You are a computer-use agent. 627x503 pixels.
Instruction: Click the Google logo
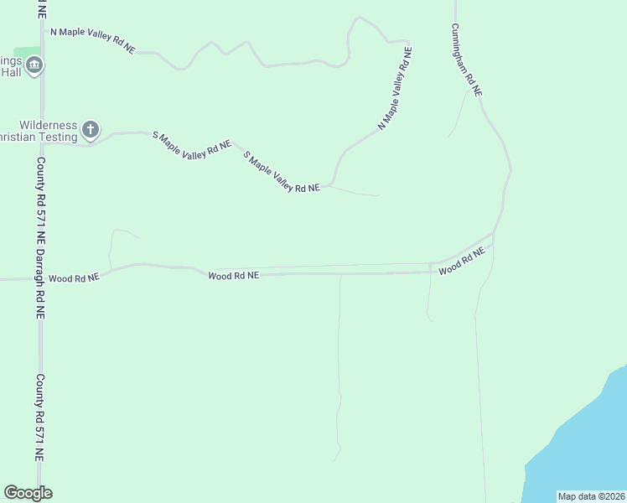click(28, 493)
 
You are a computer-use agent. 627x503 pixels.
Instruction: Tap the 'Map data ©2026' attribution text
click(591, 496)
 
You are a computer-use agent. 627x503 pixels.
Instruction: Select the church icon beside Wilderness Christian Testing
click(91, 130)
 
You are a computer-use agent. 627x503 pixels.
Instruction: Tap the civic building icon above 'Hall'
click(34, 65)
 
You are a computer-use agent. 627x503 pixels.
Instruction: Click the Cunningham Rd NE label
click(466, 60)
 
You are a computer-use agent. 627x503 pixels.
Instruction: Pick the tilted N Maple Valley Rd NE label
click(396, 87)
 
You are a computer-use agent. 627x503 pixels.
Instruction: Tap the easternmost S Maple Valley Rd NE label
click(282, 173)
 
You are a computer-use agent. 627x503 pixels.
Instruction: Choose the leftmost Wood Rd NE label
click(74, 277)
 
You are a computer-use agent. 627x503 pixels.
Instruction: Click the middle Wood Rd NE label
click(234, 275)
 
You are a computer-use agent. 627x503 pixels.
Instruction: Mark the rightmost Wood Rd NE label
click(462, 262)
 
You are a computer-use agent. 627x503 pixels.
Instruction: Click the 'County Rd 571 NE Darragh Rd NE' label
click(39, 237)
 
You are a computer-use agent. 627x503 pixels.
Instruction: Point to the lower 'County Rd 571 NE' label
click(39, 417)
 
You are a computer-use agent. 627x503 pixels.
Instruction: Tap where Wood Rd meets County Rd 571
click(40, 278)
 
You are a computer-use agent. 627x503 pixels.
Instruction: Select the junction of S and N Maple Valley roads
click(332, 184)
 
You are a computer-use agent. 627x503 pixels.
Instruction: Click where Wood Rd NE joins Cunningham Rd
click(494, 235)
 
